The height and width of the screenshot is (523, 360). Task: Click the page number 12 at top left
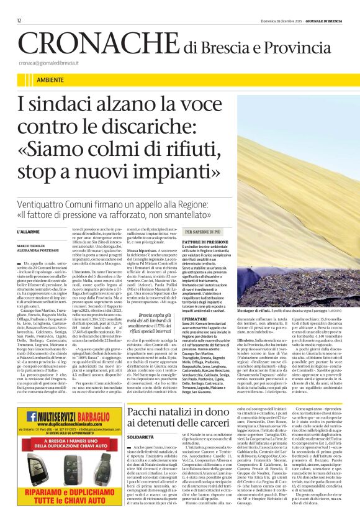pos(19,20)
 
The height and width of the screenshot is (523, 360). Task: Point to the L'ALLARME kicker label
pos(30,231)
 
